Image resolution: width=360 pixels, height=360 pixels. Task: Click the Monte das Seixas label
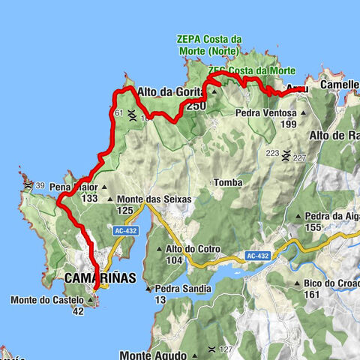tap(154, 199)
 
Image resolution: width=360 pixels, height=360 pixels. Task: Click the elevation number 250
tap(196, 106)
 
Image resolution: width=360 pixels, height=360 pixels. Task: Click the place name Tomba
tap(227, 182)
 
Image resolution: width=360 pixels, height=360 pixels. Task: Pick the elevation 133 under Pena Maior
tap(90, 198)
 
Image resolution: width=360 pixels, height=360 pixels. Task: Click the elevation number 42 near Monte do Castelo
tap(78, 312)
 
